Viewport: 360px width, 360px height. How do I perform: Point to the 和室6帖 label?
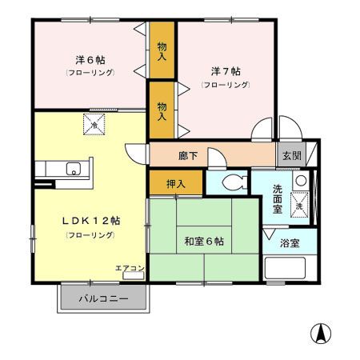203,241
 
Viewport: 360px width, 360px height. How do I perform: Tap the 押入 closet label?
176,183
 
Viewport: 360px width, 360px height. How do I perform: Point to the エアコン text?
130,268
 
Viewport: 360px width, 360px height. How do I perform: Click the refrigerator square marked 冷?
94,125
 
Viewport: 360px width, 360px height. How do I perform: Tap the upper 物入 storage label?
162,52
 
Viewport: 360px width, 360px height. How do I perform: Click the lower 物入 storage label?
162,110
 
